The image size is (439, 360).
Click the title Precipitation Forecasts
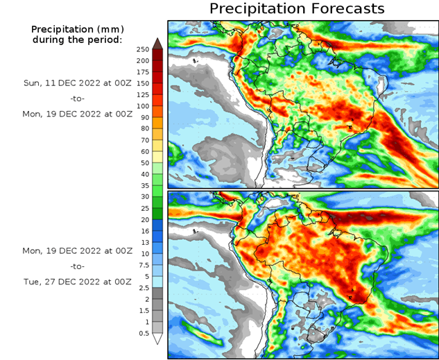pos(297,9)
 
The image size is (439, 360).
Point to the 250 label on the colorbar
pos(143,49)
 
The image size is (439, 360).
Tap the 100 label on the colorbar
pos(143,106)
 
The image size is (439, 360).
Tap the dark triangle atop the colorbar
pos(157,43)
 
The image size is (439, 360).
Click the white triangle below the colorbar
pos(157,338)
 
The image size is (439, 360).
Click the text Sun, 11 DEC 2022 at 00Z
pos(77,83)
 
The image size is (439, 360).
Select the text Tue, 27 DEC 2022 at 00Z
pos(77,282)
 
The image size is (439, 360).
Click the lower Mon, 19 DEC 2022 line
pos(77,250)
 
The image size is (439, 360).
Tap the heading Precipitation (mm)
pos(77,29)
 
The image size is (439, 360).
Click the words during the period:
pos(77,40)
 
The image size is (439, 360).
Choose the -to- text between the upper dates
pos(77,98)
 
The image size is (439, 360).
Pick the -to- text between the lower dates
pos(77,266)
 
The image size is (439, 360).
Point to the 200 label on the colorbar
pos(143,60)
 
